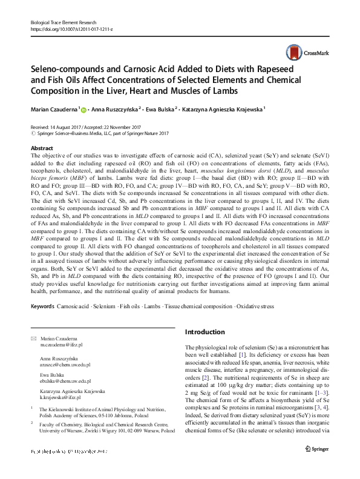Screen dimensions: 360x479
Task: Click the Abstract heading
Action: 41,148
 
